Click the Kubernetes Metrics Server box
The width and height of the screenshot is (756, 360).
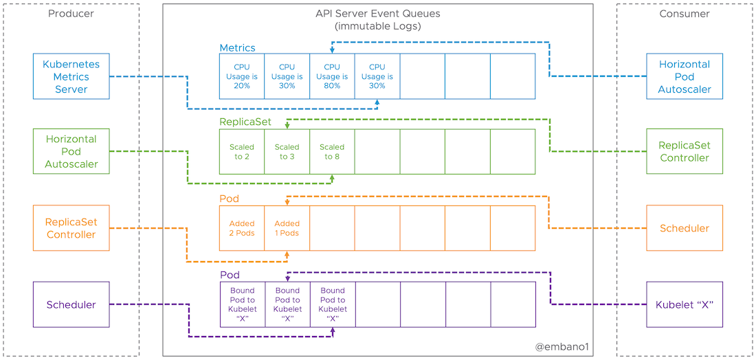(x=71, y=76)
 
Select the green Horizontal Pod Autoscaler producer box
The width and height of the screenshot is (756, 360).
(x=71, y=152)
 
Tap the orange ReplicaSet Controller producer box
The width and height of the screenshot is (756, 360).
(x=71, y=228)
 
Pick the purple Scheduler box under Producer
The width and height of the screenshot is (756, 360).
(x=71, y=304)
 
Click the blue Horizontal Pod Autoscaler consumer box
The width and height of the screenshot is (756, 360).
(x=685, y=76)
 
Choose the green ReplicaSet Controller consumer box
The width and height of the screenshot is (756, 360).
(x=685, y=152)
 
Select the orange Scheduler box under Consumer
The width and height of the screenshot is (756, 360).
(x=685, y=228)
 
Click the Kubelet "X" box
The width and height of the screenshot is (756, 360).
(x=685, y=304)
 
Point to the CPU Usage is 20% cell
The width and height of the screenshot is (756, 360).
(x=242, y=76)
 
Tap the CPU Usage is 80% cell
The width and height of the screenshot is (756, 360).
(x=332, y=76)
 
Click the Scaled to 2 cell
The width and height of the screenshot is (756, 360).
(x=242, y=152)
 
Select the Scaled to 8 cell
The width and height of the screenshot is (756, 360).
(x=332, y=152)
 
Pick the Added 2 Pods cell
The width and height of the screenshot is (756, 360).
(x=242, y=228)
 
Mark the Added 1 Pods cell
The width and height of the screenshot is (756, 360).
(x=287, y=228)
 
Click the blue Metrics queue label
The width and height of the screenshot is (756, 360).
(x=237, y=48)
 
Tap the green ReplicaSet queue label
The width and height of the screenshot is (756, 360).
(x=245, y=122)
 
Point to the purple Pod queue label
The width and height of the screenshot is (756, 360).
(x=230, y=275)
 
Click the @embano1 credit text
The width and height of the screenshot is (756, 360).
(x=562, y=348)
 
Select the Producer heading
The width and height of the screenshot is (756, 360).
(x=71, y=14)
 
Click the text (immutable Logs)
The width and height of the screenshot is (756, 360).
(x=377, y=26)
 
